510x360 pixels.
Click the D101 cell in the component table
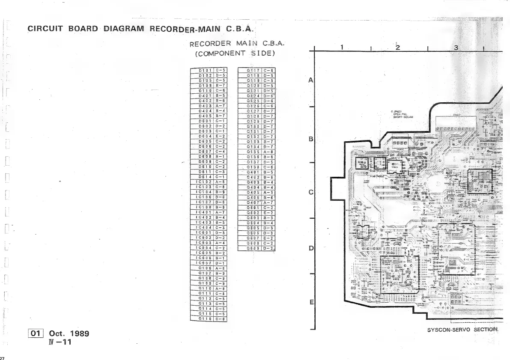(x=203, y=70)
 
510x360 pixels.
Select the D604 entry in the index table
(x=203, y=136)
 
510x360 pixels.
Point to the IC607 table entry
(x=203, y=263)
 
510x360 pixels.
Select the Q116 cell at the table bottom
(x=203, y=318)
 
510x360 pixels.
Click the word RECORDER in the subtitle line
(x=210, y=43)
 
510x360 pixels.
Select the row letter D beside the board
(x=311, y=248)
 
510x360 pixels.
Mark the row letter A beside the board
(x=311, y=80)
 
